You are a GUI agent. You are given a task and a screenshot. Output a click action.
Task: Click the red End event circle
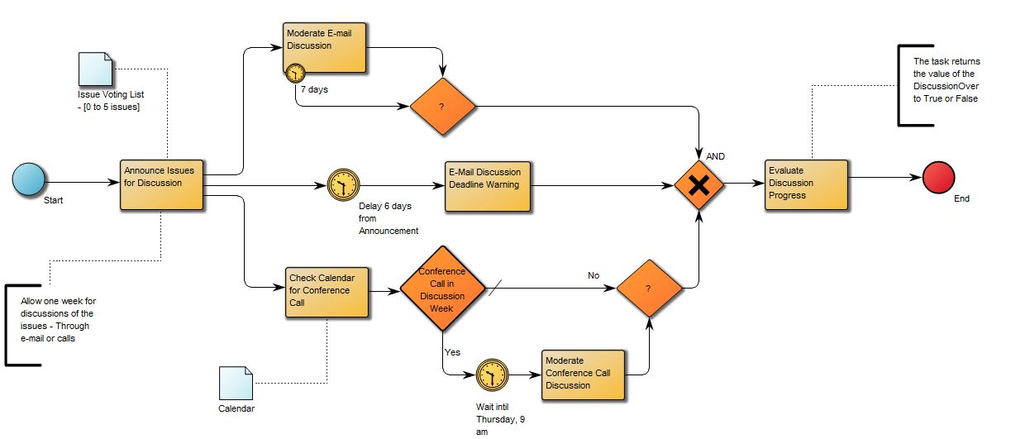tap(938, 178)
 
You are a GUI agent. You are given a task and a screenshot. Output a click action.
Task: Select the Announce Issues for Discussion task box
tap(162, 184)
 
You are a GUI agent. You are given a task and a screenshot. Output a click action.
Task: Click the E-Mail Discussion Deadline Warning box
tap(488, 186)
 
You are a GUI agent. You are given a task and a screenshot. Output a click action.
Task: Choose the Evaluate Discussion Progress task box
tap(807, 184)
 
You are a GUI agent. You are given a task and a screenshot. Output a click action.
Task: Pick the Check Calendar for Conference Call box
tap(327, 291)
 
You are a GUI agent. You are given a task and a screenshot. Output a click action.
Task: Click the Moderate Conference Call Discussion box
tap(583, 375)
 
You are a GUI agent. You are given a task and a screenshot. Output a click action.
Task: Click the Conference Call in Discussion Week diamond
tap(442, 289)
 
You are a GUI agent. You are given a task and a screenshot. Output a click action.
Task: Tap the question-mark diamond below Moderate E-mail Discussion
tap(443, 107)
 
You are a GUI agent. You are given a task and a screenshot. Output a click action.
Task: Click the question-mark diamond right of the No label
tap(649, 289)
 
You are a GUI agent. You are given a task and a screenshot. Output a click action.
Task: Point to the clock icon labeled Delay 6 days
tap(343, 184)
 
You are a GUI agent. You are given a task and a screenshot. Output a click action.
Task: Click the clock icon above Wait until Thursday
tap(492, 375)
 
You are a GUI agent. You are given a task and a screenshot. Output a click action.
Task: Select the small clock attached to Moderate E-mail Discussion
tap(295, 73)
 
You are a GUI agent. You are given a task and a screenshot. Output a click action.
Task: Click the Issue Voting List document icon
tap(95, 69)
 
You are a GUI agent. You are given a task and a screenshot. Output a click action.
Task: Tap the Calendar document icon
tap(236, 383)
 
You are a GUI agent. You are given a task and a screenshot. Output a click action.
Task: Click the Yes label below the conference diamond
tap(452, 352)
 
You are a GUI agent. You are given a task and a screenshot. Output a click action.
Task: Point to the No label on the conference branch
tap(594, 275)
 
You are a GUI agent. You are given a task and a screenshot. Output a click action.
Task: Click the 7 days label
tap(314, 89)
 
